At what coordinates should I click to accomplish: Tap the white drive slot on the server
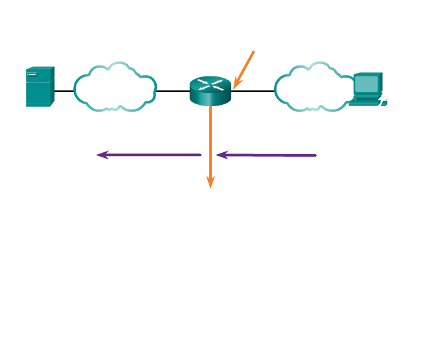tap(32, 74)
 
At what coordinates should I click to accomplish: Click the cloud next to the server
tap(115, 87)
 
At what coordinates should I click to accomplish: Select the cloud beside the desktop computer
tap(314, 87)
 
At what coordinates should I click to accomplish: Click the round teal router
tap(210, 91)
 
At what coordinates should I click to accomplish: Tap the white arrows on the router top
tap(210, 84)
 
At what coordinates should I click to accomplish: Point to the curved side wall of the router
tap(210, 99)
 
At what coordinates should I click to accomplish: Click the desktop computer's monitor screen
tap(367, 84)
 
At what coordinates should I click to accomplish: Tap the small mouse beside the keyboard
tap(384, 103)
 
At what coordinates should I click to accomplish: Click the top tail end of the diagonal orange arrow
tap(254, 51)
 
